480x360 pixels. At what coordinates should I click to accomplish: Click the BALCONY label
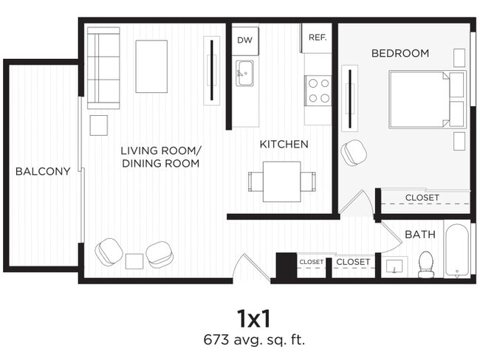[43, 171]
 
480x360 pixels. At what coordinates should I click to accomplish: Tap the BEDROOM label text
[400, 53]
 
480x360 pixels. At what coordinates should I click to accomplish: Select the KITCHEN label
[284, 144]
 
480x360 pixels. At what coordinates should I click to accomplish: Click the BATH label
[419, 234]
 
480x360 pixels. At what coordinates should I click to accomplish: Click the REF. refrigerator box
[318, 38]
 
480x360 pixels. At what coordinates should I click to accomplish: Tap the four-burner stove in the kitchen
[319, 90]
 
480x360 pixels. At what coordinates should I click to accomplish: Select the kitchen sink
[244, 73]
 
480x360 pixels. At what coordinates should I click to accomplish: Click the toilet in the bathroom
[426, 264]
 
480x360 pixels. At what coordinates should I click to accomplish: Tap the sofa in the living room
[103, 68]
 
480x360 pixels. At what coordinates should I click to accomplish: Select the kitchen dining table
[281, 181]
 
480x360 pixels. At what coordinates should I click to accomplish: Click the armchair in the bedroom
[354, 152]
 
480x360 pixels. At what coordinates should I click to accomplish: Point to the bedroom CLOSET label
[422, 198]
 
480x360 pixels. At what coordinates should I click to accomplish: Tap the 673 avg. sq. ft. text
[254, 340]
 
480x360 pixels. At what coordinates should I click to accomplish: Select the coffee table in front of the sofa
[151, 66]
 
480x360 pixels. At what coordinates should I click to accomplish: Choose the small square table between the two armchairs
[134, 260]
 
